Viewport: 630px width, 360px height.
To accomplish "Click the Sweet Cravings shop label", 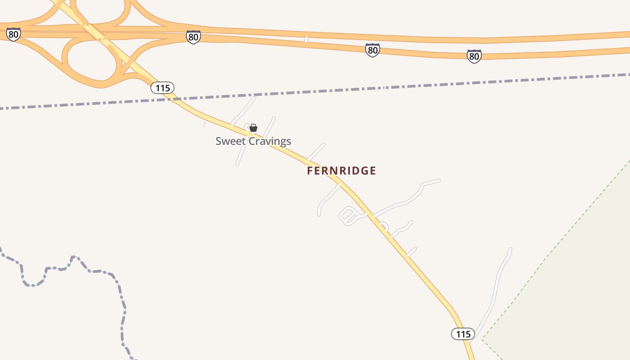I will (x=253, y=141).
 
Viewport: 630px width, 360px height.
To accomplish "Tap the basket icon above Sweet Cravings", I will (x=253, y=128).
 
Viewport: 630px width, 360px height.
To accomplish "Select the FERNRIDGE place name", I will (x=341, y=171).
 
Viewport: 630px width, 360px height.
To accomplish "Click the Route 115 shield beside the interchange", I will (x=162, y=88).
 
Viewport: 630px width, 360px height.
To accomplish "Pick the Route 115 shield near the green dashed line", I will (x=463, y=334).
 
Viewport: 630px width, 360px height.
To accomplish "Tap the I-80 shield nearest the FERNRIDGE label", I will (x=372, y=50).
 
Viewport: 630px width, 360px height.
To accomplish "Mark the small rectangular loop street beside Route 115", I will (x=348, y=216).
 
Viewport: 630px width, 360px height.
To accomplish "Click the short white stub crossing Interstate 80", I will (x=306, y=40).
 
